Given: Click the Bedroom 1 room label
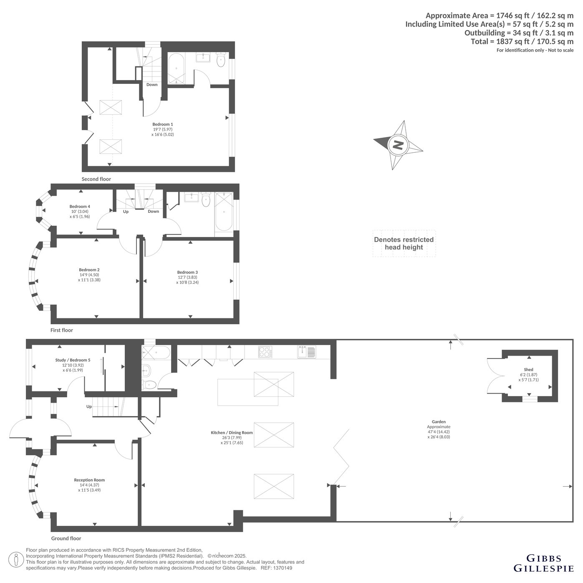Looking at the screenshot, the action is [x=162, y=124].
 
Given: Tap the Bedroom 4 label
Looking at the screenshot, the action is [x=80, y=206].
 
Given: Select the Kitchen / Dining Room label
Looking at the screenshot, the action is [x=232, y=432].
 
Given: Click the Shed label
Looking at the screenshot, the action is [x=528, y=369].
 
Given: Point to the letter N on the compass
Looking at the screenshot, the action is [x=398, y=145].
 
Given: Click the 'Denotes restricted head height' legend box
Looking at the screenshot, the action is [x=404, y=243].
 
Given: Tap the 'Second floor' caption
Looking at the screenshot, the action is [x=96, y=179].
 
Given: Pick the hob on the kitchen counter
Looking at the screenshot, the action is [x=265, y=352].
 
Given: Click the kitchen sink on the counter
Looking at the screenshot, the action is [x=306, y=351].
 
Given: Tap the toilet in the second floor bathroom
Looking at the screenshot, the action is [x=221, y=60].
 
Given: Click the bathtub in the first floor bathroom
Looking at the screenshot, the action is [x=224, y=212].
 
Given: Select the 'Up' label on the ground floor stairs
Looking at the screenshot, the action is [x=89, y=406].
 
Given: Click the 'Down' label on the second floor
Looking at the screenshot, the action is [x=152, y=85].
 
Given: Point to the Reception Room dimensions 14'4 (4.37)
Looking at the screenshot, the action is [x=89, y=485].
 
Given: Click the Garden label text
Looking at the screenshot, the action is [x=439, y=421].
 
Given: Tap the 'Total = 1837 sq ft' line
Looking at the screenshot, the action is [x=522, y=41].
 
